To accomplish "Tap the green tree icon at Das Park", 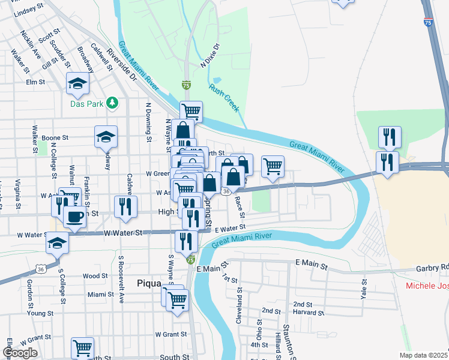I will click(112, 103).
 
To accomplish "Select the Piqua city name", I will click(149, 283).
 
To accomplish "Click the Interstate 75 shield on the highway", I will click(427, 22).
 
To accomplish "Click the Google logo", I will click(20, 353).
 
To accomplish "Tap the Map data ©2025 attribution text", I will click(423, 355).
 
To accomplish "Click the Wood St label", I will click(95, 276).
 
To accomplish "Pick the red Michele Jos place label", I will click(427, 286).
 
